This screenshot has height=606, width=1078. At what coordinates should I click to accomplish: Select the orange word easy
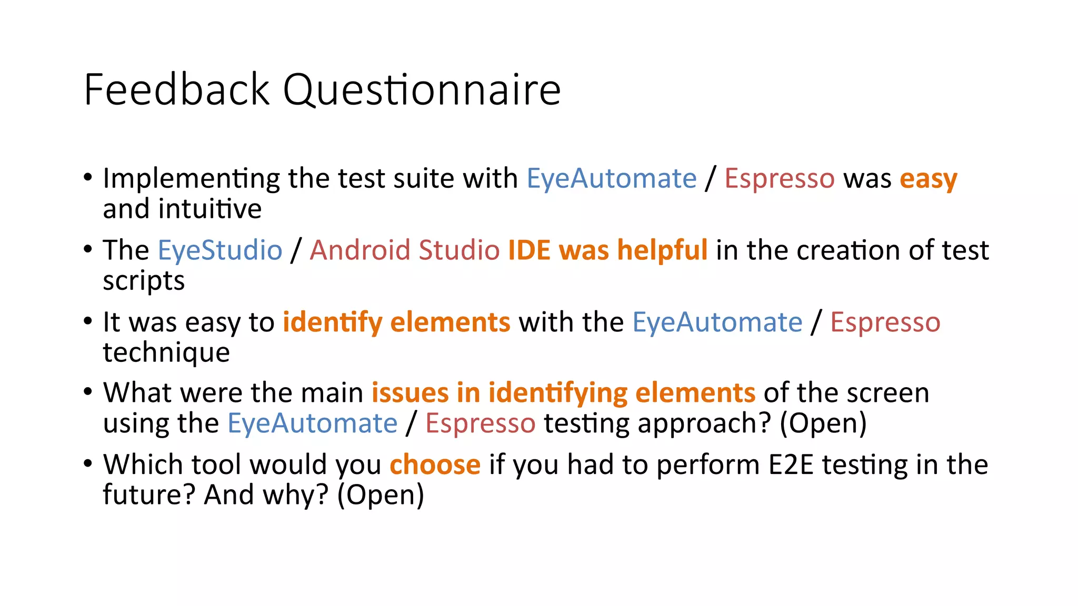[x=929, y=179]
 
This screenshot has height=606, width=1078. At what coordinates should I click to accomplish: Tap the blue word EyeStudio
[x=220, y=250]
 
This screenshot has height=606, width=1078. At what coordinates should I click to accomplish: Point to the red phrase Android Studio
[x=404, y=250]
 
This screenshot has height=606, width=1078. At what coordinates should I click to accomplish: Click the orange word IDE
[x=529, y=250]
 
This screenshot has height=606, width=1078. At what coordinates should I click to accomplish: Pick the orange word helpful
[x=662, y=250]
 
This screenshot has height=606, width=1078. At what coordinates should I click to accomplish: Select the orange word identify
[x=333, y=322]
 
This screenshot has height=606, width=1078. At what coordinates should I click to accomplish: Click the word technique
[x=166, y=352]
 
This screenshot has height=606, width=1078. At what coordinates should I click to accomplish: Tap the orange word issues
[x=410, y=393]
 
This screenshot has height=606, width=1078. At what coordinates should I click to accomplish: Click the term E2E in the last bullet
[x=791, y=465]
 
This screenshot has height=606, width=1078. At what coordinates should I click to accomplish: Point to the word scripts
[x=144, y=281]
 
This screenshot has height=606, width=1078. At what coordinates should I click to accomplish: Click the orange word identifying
[x=558, y=393]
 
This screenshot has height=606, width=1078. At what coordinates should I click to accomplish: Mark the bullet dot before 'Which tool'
[x=88, y=463]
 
